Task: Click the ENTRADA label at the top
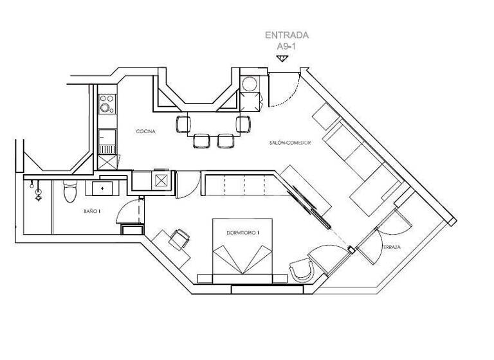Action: tap(287, 35)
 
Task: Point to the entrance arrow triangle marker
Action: tap(281, 59)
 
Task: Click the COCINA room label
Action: tap(145, 131)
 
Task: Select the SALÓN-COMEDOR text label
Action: tap(290, 143)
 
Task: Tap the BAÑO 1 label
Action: tap(91, 211)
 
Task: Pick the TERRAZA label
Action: tap(392, 248)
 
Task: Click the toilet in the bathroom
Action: tap(69, 192)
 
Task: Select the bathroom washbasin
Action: tap(102, 188)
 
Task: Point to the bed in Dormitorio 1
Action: tap(242, 254)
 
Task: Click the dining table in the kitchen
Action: tap(212, 124)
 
